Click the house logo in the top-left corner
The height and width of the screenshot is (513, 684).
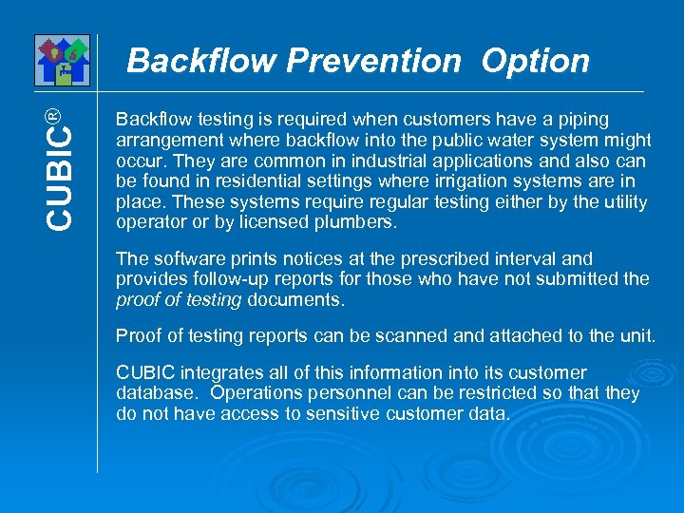(62, 60)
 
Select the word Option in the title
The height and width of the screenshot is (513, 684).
(535, 61)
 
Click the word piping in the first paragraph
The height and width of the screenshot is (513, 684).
(586, 119)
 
